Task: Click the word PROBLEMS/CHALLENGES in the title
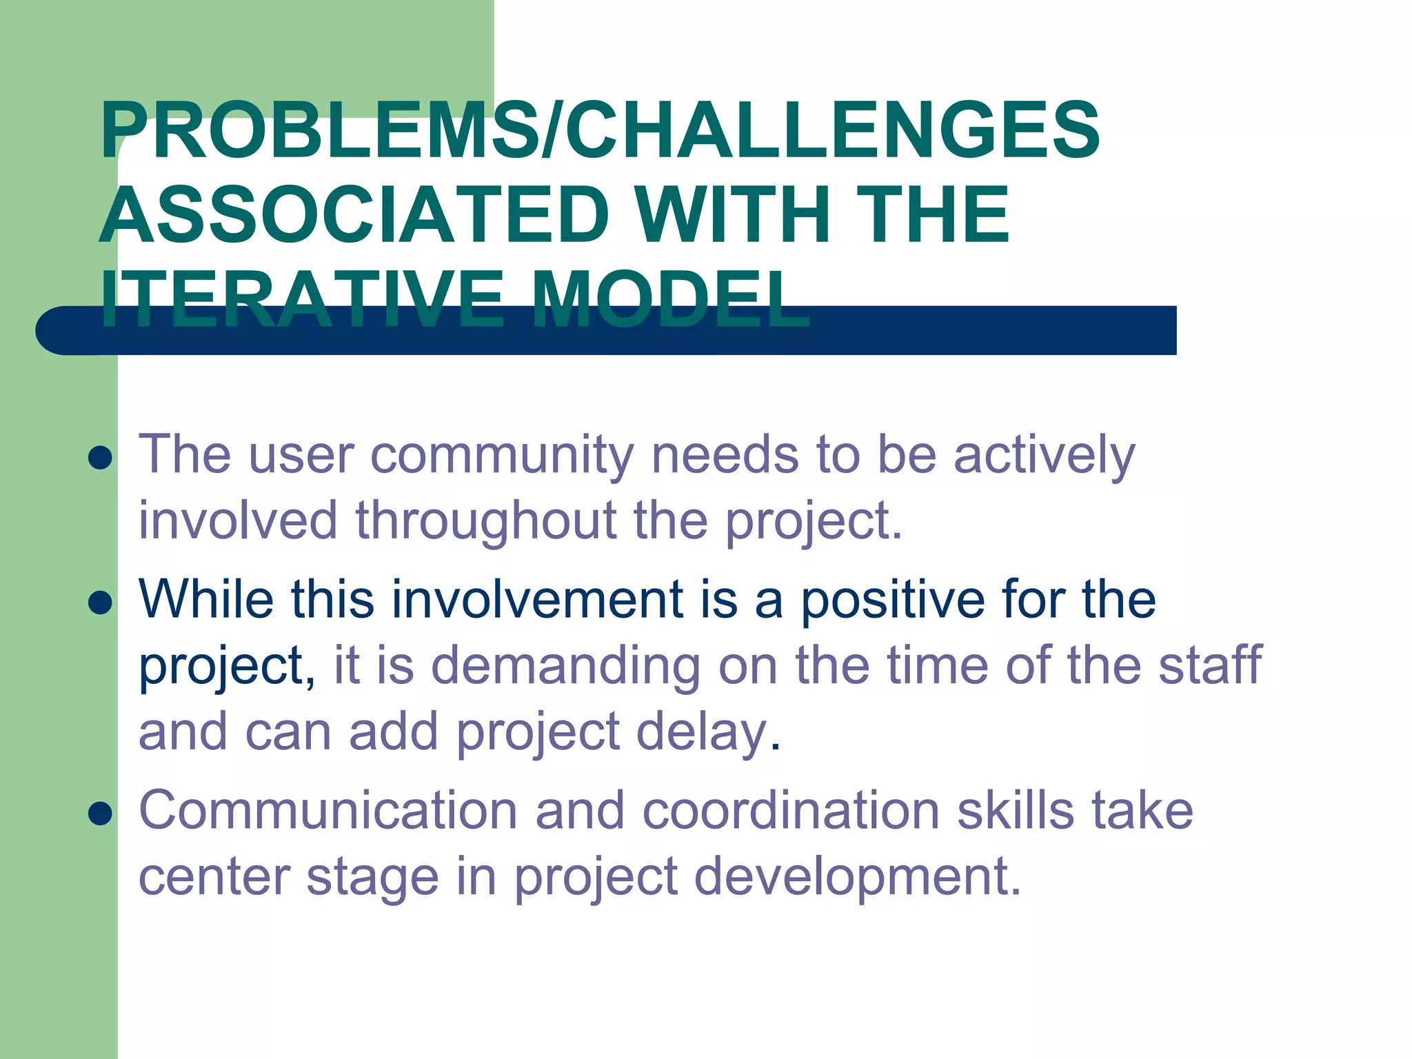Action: pyautogui.click(x=600, y=131)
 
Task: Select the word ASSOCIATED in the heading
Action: pyautogui.click(x=354, y=215)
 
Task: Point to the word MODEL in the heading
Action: pyautogui.click(x=670, y=300)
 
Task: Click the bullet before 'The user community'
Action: pyautogui.click(x=101, y=458)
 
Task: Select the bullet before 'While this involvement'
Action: pyautogui.click(x=101, y=603)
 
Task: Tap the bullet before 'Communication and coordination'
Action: pyautogui.click(x=101, y=814)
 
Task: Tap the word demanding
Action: pyautogui.click(x=565, y=666)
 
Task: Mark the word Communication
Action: pyautogui.click(x=328, y=811)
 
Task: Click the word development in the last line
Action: pyautogui.click(x=856, y=877)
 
